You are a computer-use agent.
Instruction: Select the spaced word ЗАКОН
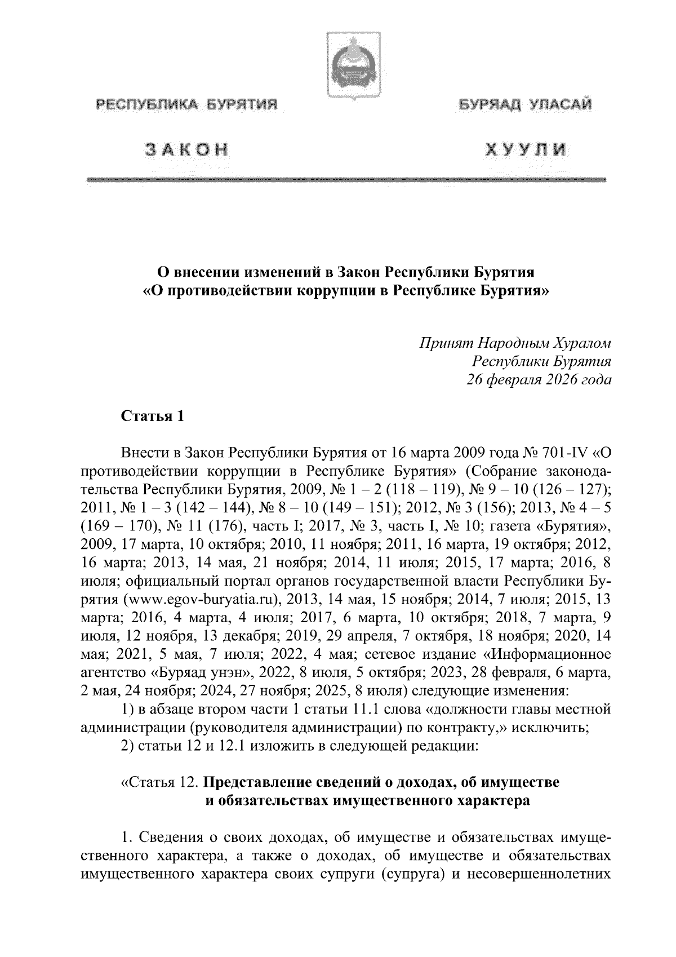(187, 149)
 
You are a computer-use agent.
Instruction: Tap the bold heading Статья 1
(153, 417)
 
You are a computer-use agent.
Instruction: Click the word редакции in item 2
(444, 746)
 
